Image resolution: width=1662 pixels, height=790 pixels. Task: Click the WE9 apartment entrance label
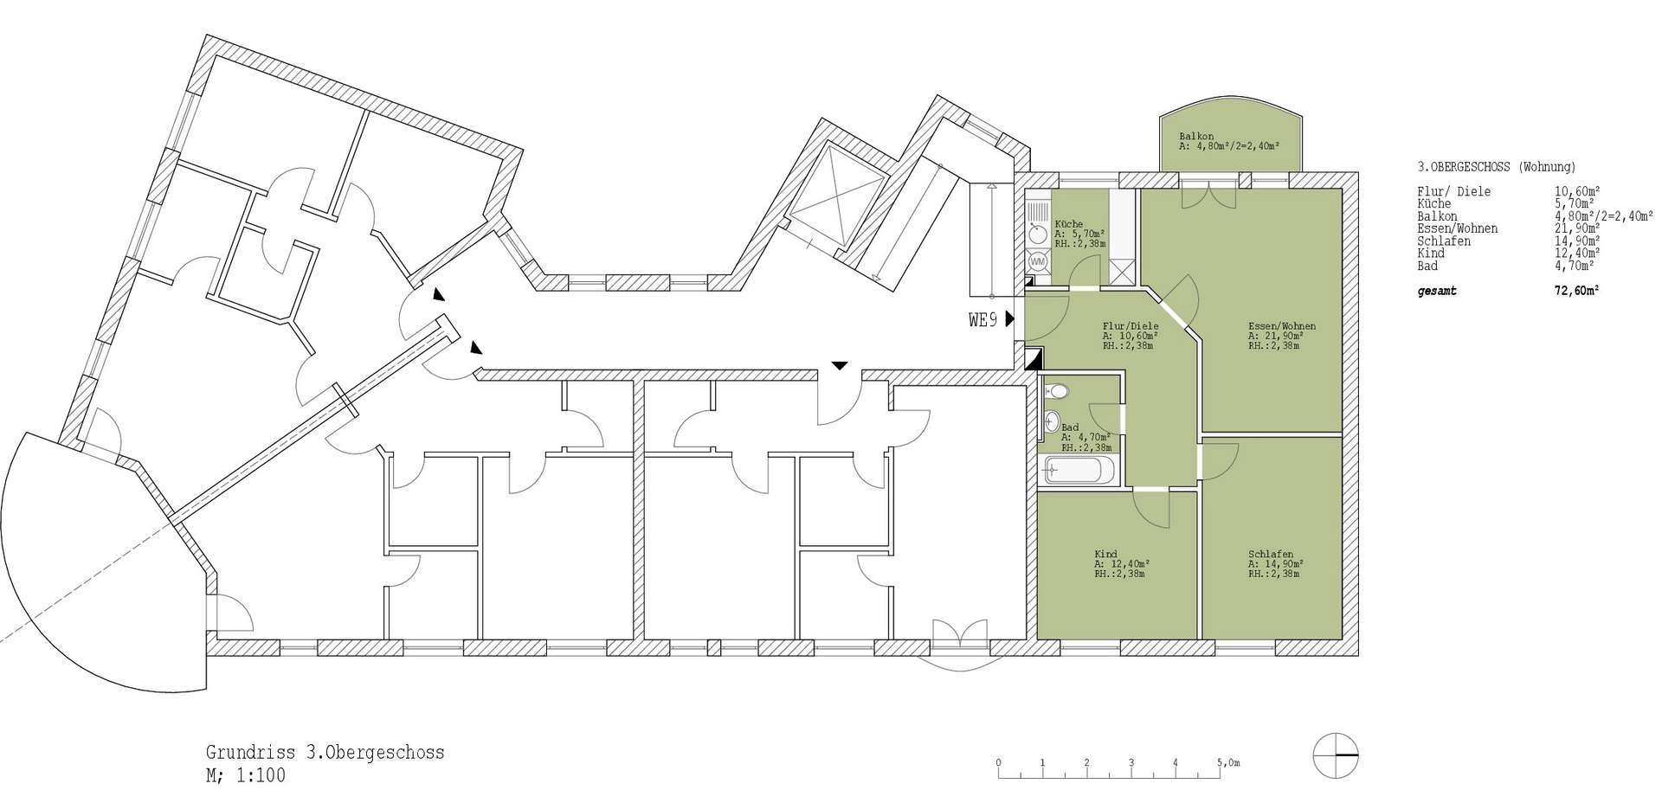[x=983, y=320]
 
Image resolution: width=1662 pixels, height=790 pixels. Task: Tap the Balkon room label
[x=1196, y=137]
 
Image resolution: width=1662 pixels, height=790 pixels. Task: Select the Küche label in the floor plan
[x=1069, y=224]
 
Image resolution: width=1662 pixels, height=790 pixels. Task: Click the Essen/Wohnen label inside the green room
[x=1282, y=326]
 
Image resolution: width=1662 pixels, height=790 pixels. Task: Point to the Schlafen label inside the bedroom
[x=1271, y=554]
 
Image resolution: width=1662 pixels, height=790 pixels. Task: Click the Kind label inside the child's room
[x=1105, y=554]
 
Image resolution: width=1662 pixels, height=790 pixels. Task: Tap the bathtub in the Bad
[x=1073, y=471]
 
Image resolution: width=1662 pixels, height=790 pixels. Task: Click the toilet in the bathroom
[x=1057, y=392]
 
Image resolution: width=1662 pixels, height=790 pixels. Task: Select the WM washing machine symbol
[x=1037, y=260]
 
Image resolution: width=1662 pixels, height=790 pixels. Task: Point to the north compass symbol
[x=1336, y=756]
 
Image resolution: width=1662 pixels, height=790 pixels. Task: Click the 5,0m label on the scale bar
[x=1228, y=763]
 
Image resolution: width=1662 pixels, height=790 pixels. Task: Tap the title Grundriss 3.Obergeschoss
[x=325, y=752]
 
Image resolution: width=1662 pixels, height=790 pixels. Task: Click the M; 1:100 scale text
[x=246, y=774]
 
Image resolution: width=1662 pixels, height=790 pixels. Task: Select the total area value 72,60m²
[x=1576, y=292]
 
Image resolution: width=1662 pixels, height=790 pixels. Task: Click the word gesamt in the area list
[x=1437, y=292]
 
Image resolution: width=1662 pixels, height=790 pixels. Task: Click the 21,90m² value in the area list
[x=1576, y=228]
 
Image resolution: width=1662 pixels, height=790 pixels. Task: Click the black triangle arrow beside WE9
[x=1010, y=320]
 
